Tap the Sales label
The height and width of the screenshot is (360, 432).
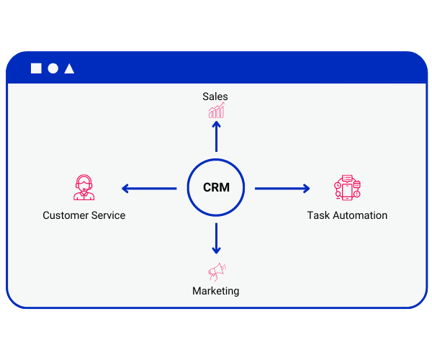pyautogui.click(x=215, y=96)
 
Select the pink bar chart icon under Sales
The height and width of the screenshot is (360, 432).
pyautogui.click(x=216, y=110)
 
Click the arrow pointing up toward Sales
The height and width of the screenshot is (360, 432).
pyautogui.click(x=216, y=136)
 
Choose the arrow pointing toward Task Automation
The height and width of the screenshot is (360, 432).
pyautogui.click(x=282, y=189)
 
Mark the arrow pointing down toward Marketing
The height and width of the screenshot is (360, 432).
pyautogui.click(x=216, y=239)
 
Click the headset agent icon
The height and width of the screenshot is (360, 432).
pyautogui.click(x=84, y=188)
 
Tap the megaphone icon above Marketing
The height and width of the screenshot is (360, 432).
pyautogui.click(x=217, y=271)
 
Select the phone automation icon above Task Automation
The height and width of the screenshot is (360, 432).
pyautogui.click(x=347, y=188)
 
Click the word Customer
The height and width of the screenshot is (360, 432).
pyautogui.click(x=65, y=215)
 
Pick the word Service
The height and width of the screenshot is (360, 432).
pyautogui.click(x=108, y=215)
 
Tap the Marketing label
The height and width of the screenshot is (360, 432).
pyautogui.click(x=216, y=291)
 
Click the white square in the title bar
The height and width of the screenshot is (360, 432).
pyautogui.click(x=36, y=68)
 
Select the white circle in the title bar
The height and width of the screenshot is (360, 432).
pyautogui.click(x=53, y=68)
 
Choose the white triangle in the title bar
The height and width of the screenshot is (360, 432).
pyautogui.click(x=69, y=68)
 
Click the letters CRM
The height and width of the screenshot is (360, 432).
pyautogui.click(x=216, y=188)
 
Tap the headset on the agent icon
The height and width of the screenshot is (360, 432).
pyautogui.click(x=84, y=181)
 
